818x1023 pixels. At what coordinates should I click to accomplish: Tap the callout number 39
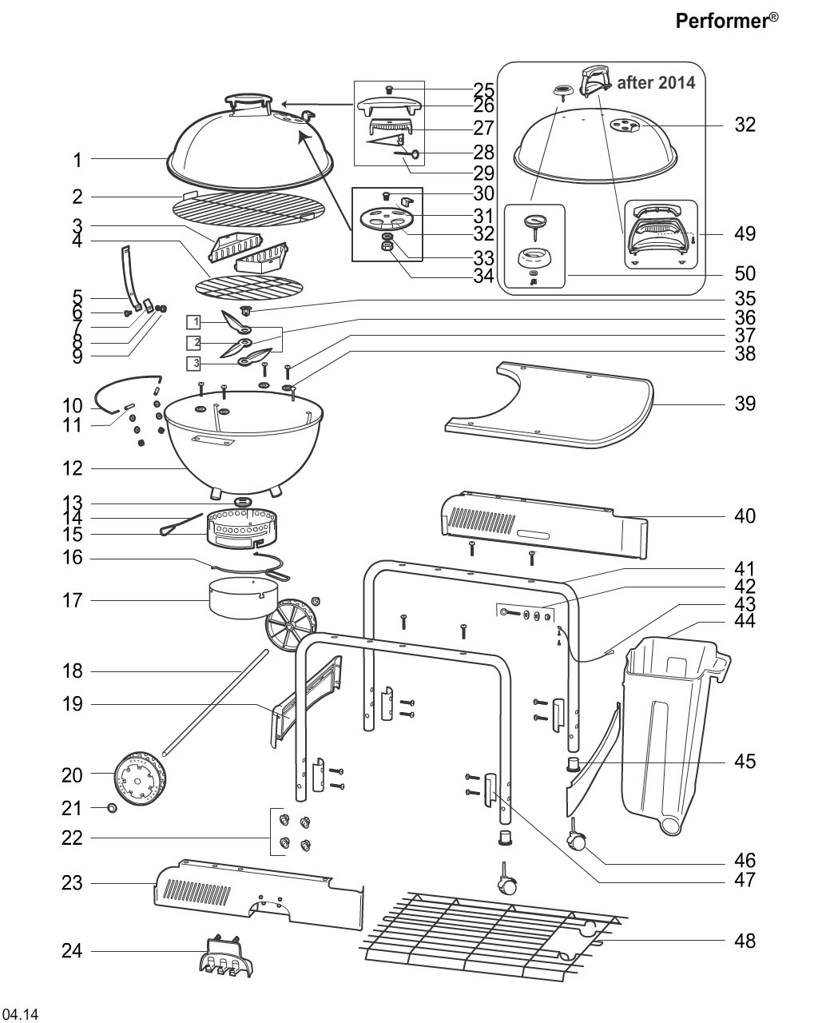tap(745, 404)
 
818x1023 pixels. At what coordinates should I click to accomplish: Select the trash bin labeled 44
tap(671, 719)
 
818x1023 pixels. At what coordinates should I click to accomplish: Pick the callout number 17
tap(72, 599)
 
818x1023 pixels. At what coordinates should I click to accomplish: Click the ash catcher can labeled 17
tap(241, 599)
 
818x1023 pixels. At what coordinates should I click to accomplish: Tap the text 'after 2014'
tap(656, 82)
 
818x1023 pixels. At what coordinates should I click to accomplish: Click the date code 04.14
tap(20, 1015)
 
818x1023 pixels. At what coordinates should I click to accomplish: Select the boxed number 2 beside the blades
tap(193, 344)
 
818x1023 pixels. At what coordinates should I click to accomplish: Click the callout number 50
tap(745, 274)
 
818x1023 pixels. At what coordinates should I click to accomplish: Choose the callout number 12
tap(72, 468)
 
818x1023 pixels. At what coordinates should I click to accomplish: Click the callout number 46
tap(745, 861)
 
